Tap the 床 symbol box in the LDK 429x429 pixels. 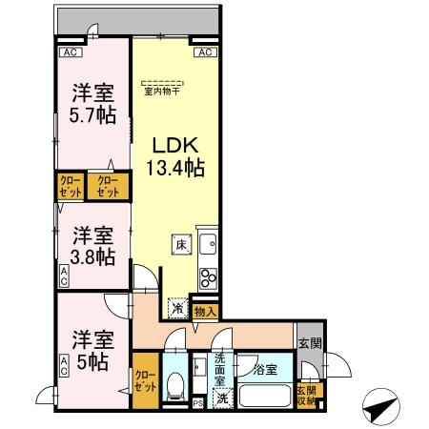179,244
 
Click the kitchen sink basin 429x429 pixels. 207,244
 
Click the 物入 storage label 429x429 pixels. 205,311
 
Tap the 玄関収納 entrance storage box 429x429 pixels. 306,395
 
